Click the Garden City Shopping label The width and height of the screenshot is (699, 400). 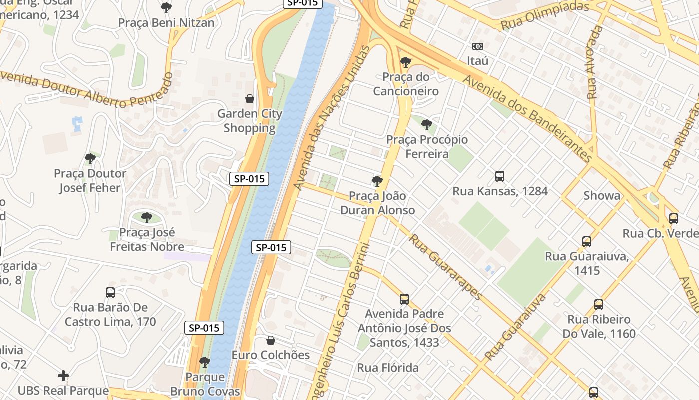pyautogui.click(x=250, y=121)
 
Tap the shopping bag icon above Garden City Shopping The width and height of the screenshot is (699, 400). pyautogui.click(x=250, y=99)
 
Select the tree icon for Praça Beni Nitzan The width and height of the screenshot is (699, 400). pyautogui.click(x=166, y=8)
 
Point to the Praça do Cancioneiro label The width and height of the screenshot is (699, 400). pyautogui.click(x=406, y=84)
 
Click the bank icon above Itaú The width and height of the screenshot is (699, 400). pyautogui.click(x=478, y=46)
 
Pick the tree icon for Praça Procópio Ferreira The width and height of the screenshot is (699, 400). pyautogui.click(x=426, y=125)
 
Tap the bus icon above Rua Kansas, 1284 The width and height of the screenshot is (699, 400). pyautogui.click(x=500, y=176)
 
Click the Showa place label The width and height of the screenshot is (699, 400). pyautogui.click(x=602, y=195)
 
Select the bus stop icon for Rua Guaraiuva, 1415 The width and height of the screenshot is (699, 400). pyautogui.click(x=587, y=242)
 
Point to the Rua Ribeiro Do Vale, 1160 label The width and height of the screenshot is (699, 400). pyautogui.click(x=599, y=326)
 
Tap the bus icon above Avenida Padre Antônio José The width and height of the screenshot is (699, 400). pyautogui.click(x=404, y=299)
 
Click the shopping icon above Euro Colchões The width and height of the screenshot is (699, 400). pyautogui.click(x=271, y=341)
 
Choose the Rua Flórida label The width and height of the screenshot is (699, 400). pyautogui.click(x=388, y=368)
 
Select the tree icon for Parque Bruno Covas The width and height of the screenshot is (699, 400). pyautogui.click(x=204, y=362)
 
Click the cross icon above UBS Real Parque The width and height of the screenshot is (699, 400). pyautogui.click(x=63, y=376)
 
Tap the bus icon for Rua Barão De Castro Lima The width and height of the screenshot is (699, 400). pyautogui.click(x=110, y=293)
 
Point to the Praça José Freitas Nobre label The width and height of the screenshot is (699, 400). pyautogui.click(x=147, y=239)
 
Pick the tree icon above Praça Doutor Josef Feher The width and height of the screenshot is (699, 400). pyautogui.click(x=90, y=159)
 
